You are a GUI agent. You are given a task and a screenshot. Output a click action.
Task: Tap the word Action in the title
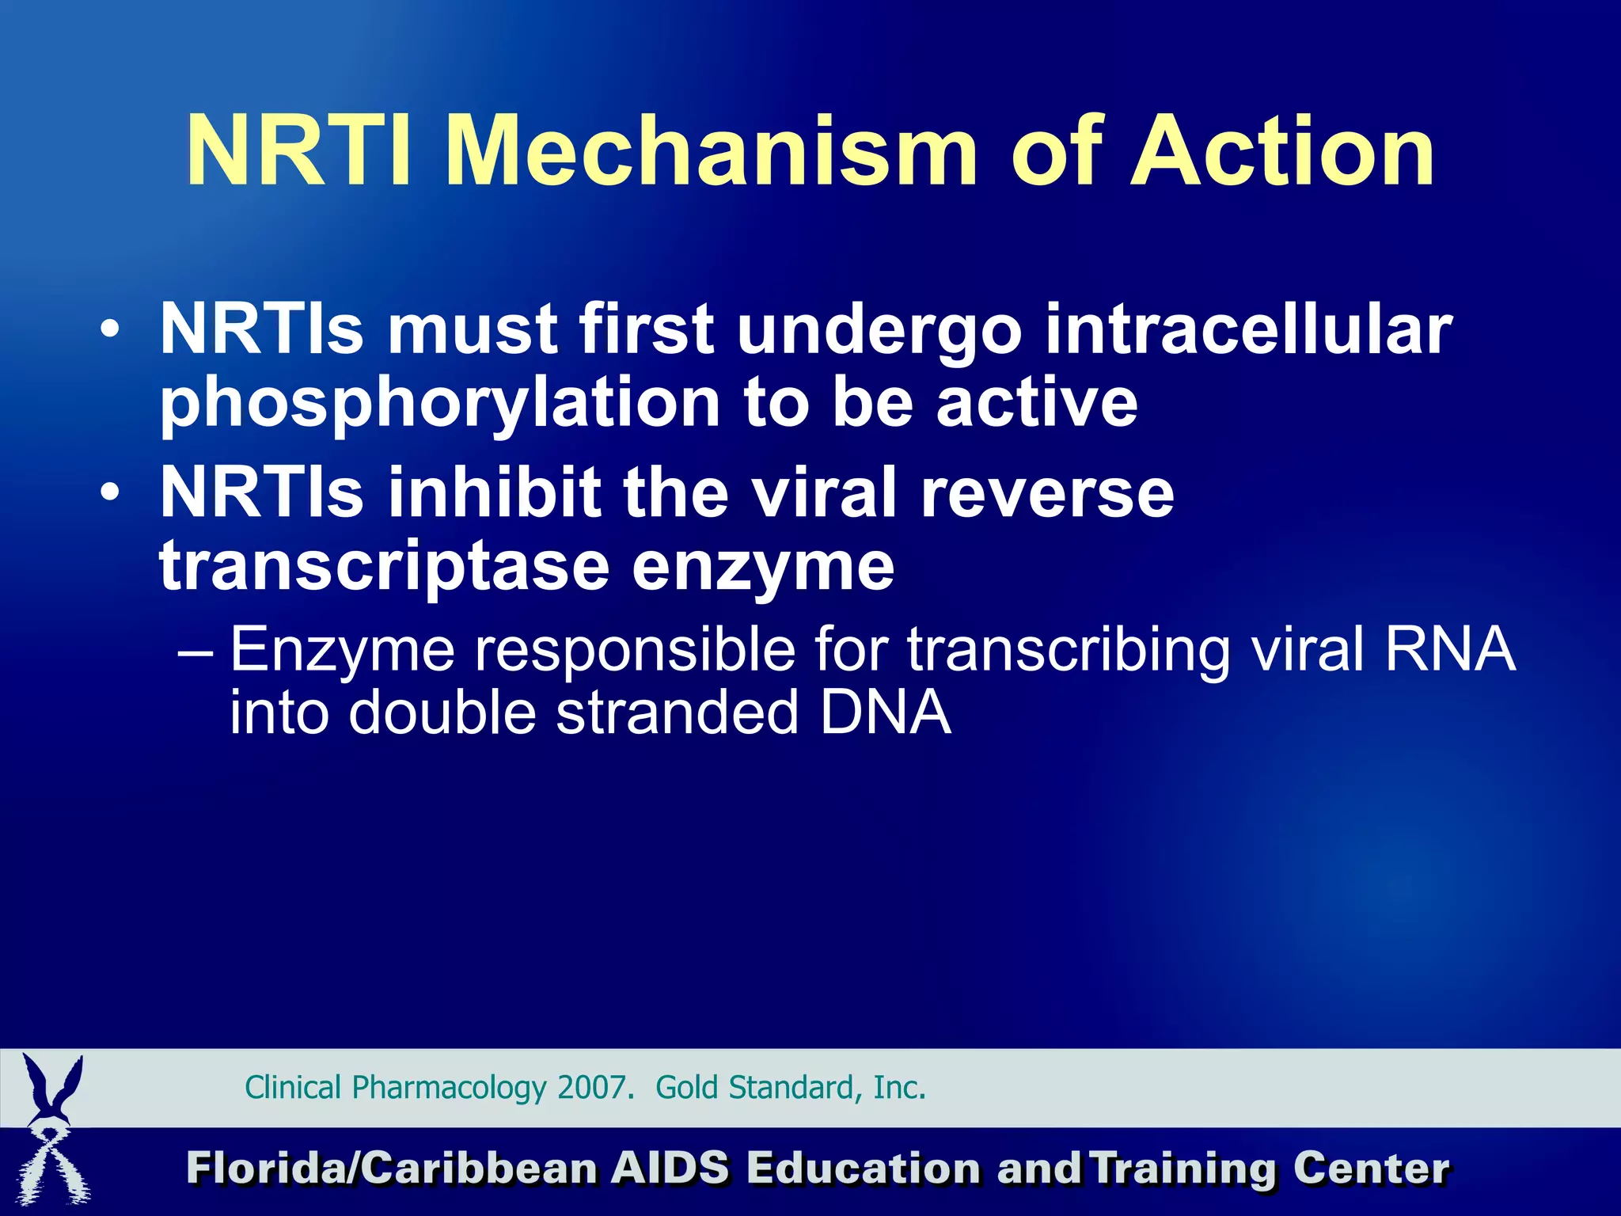pyautogui.click(x=1281, y=151)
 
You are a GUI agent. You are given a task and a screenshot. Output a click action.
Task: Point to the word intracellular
pyautogui.click(x=1248, y=329)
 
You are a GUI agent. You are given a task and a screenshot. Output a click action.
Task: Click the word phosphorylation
pyautogui.click(x=440, y=404)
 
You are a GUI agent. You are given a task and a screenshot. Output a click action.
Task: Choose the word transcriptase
pyautogui.click(x=385, y=567)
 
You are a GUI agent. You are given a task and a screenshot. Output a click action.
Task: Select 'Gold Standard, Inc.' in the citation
pyautogui.click(x=790, y=1088)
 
